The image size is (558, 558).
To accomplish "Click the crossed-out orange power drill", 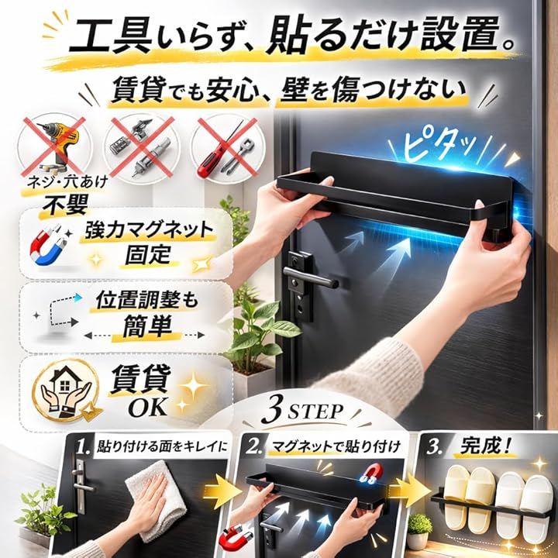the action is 57,145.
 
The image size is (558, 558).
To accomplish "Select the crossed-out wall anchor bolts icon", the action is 139,146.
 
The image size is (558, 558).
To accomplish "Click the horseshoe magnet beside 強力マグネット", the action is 49,245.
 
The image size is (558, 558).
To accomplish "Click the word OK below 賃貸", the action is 148,407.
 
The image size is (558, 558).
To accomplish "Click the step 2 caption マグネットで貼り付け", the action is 336,446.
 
